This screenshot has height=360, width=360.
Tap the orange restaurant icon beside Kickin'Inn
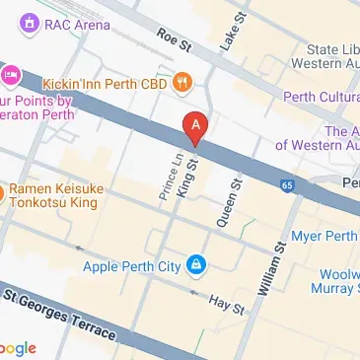point(180,85)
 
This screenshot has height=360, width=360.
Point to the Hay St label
point(230,307)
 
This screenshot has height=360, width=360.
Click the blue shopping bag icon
point(197,265)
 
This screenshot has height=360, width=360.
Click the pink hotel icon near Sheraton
point(11,74)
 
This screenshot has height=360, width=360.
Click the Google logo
point(18,347)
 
